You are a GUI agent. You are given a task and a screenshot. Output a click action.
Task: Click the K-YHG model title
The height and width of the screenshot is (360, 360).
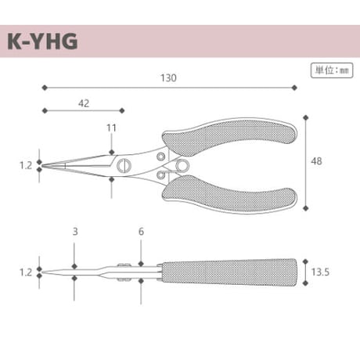42,41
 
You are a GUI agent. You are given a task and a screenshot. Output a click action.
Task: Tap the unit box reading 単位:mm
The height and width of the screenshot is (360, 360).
332,70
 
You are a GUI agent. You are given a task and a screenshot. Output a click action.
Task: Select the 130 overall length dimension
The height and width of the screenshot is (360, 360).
168,77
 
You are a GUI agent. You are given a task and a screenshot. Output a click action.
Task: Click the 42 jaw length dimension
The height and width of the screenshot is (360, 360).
84,103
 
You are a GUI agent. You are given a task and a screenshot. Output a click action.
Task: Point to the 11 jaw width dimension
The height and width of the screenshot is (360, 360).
111,128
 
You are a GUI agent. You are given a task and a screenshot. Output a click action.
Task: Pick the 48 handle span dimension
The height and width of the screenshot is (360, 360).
316,161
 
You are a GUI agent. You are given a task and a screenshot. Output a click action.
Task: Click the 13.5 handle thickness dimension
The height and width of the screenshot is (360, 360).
320,272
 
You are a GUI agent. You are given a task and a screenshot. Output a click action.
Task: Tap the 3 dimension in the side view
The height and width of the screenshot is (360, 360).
75,232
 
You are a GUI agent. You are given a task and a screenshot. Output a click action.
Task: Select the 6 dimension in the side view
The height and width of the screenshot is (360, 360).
141,232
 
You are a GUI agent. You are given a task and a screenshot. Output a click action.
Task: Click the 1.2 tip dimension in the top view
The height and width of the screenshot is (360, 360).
26,165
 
